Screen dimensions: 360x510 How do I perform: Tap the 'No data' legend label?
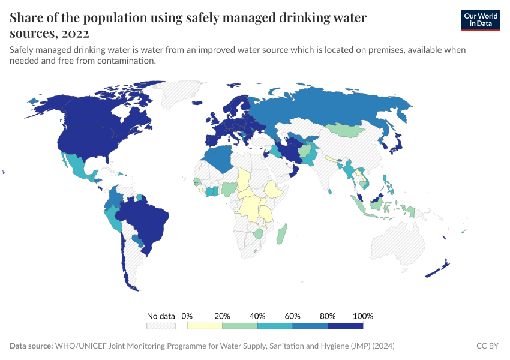click(161, 316)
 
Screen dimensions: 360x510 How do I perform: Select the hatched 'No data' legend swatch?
click(161, 326)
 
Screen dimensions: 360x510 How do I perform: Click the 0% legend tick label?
click(187, 316)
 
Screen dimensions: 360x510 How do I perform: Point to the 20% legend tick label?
click(223, 316)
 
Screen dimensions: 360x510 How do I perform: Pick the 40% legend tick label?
click(257, 316)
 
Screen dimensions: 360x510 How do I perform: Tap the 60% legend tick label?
click(293, 316)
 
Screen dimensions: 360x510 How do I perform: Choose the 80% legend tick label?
click(328, 316)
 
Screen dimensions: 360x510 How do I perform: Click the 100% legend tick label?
click(363, 316)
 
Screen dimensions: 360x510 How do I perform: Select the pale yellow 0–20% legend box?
click(205, 326)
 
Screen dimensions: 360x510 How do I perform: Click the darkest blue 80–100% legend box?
click(346, 326)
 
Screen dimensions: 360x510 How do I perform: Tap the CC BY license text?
click(487, 346)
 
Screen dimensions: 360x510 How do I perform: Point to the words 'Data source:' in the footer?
click(31, 346)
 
